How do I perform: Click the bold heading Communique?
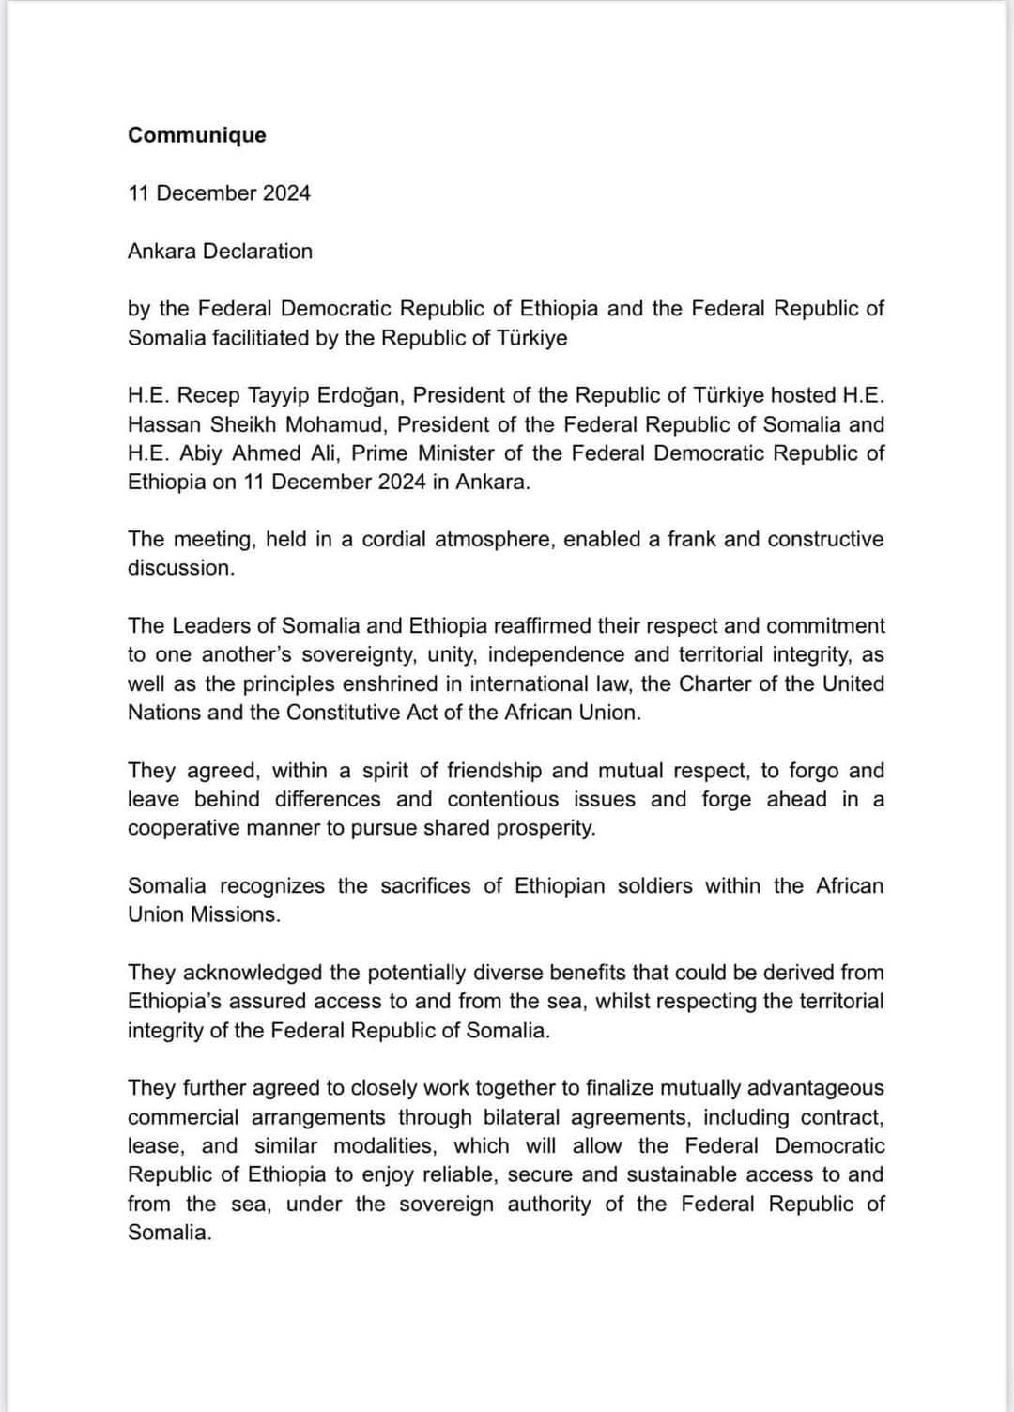(x=197, y=135)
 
